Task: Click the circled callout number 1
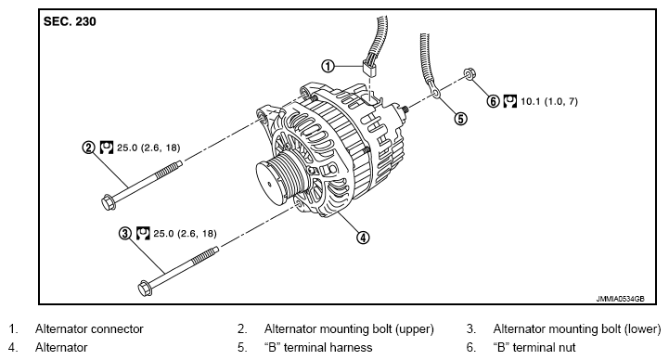(x=328, y=66)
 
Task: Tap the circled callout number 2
(x=88, y=148)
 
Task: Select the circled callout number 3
(x=124, y=233)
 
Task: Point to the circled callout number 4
(x=363, y=238)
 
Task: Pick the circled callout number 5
(x=461, y=119)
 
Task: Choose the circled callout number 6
(x=494, y=101)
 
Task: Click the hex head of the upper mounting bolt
(x=109, y=202)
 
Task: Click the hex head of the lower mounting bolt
(x=145, y=289)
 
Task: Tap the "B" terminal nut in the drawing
(x=469, y=74)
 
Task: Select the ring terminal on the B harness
(x=435, y=92)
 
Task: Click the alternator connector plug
(x=369, y=69)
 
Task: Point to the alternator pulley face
(x=270, y=184)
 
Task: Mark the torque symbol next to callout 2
(x=106, y=148)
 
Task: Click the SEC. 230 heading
(x=70, y=21)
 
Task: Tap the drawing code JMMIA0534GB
(x=620, y=299)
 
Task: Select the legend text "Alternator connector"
(x=89, y=328)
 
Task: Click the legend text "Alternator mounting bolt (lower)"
(x=577, y=328)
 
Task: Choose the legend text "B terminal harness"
(x=318, y=347)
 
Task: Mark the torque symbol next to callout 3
(x=143, y=233)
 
